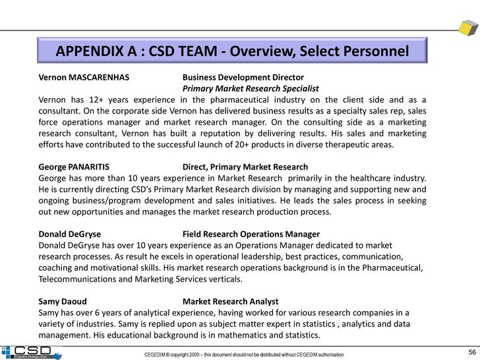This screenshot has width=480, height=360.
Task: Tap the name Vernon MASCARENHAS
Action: click(x=83, y=77)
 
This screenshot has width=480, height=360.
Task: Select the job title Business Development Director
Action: click(x=243, y=77)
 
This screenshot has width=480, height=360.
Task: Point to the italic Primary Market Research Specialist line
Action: click(x=251, y=88)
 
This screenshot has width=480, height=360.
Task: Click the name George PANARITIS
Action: click(x=74, y=167)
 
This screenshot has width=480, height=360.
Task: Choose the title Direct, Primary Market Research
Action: click(x=245, y=167)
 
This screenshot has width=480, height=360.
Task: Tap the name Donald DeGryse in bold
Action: click(x=70, y=234)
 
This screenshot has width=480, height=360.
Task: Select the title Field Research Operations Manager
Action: click(x=251, y=234)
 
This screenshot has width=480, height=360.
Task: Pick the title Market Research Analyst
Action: click(x=230, y=301)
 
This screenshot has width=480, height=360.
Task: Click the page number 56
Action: click(x=472, y=351)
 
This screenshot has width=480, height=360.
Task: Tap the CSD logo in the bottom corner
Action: click(x=31, y=352)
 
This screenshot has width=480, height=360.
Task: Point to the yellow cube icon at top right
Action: click(x=468, y=28)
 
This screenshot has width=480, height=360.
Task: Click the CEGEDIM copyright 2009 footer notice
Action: click(x=244, y=355)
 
